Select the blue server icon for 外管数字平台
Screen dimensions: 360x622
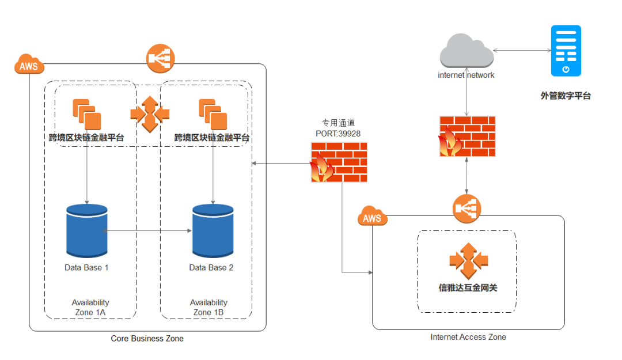[566, 51]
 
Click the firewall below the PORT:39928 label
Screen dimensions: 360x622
[339, 162]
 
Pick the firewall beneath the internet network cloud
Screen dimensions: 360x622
[467, 136]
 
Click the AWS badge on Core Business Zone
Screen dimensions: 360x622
[29, 65]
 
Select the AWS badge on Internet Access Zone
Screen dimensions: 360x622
[372, 218]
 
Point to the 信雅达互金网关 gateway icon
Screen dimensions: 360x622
[468, 262]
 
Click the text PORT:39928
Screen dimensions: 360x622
[339, 133]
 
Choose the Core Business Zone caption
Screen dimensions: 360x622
[147, 339]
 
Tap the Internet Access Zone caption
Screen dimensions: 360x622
[468, 337]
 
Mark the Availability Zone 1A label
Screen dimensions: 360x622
[90, 308]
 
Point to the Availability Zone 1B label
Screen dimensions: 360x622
[208, 308]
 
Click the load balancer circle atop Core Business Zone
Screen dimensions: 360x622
[161, 58]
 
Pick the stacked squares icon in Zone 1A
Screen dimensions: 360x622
[87, 114]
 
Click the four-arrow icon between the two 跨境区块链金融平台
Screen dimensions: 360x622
[150, 113]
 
